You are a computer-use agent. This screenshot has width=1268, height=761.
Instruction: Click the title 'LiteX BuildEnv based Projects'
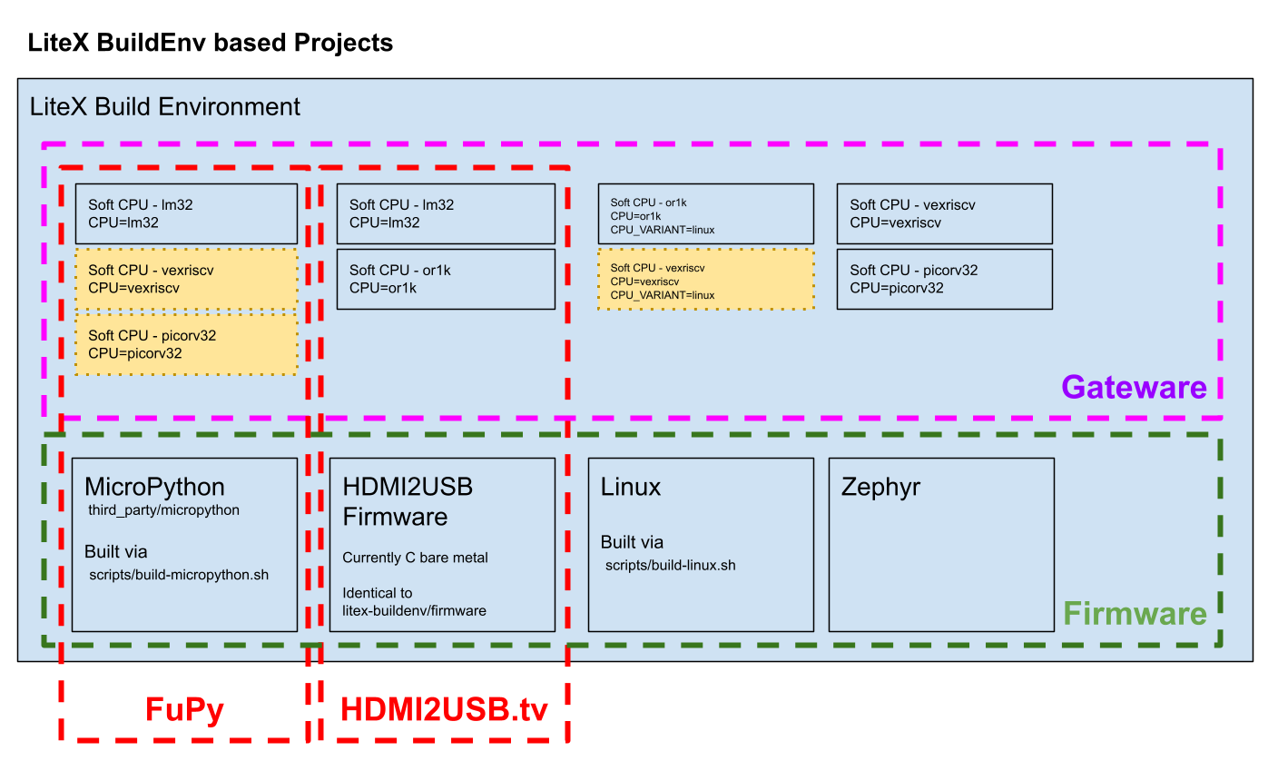[x=210, y=43]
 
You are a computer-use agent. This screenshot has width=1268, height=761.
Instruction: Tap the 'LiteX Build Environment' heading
[x=164, y=106]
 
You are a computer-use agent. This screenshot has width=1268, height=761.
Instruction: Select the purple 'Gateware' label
[x=1134, y=387]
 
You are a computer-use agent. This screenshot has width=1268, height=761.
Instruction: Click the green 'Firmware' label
[x=1135, y=613]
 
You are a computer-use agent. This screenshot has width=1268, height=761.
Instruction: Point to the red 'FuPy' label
[x=184, y=710]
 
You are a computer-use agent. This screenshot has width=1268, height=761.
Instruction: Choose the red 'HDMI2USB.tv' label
[x=445, y=709]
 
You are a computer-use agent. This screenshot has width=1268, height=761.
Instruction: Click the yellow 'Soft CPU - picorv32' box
[x=186, y=344]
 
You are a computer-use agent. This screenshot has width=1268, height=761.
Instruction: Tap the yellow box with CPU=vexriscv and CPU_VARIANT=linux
[x=706, y=279]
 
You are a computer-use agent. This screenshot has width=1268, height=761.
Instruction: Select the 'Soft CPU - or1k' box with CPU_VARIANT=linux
[x=706, y=214]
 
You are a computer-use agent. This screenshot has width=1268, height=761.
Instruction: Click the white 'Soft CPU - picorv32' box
[x=945, y=279]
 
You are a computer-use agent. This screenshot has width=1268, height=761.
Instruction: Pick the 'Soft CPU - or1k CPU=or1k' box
[x=446, y=279]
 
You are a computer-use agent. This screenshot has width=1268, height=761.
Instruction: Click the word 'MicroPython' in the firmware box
[x=154, y=487]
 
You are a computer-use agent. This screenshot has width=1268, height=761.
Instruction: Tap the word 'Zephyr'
[x=880, y=488]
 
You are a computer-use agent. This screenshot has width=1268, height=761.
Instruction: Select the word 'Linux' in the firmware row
[x=631, y=487]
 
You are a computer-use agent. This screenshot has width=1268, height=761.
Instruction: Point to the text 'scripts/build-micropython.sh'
[x=179, y=575]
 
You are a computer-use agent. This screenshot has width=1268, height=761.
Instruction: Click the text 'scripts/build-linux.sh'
[x=670, y=565]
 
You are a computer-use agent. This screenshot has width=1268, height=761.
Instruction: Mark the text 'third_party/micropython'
[x=163, y=510]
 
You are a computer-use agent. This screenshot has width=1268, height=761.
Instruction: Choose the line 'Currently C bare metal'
[x=415, y=558]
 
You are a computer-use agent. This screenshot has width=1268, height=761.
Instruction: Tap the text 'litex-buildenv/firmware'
[x=415, y=611]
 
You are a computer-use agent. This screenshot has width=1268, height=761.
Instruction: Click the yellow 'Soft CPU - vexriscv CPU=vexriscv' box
[x=186, y=279]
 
